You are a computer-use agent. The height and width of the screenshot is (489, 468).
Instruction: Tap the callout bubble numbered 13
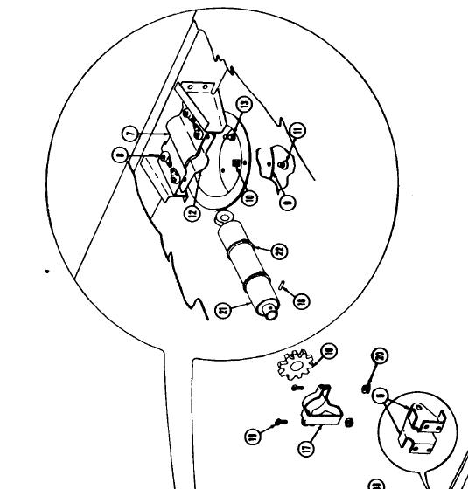coord(245,104)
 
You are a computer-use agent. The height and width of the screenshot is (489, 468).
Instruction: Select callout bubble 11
coord(297,132)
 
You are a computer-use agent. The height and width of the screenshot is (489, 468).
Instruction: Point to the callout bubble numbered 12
coord(192,212)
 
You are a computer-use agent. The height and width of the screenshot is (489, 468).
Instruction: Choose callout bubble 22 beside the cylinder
coord(279,251)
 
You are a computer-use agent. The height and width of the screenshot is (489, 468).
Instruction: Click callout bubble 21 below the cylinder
coord(224,309)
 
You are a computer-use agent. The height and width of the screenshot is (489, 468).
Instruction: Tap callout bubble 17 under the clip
coord(306,449)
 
